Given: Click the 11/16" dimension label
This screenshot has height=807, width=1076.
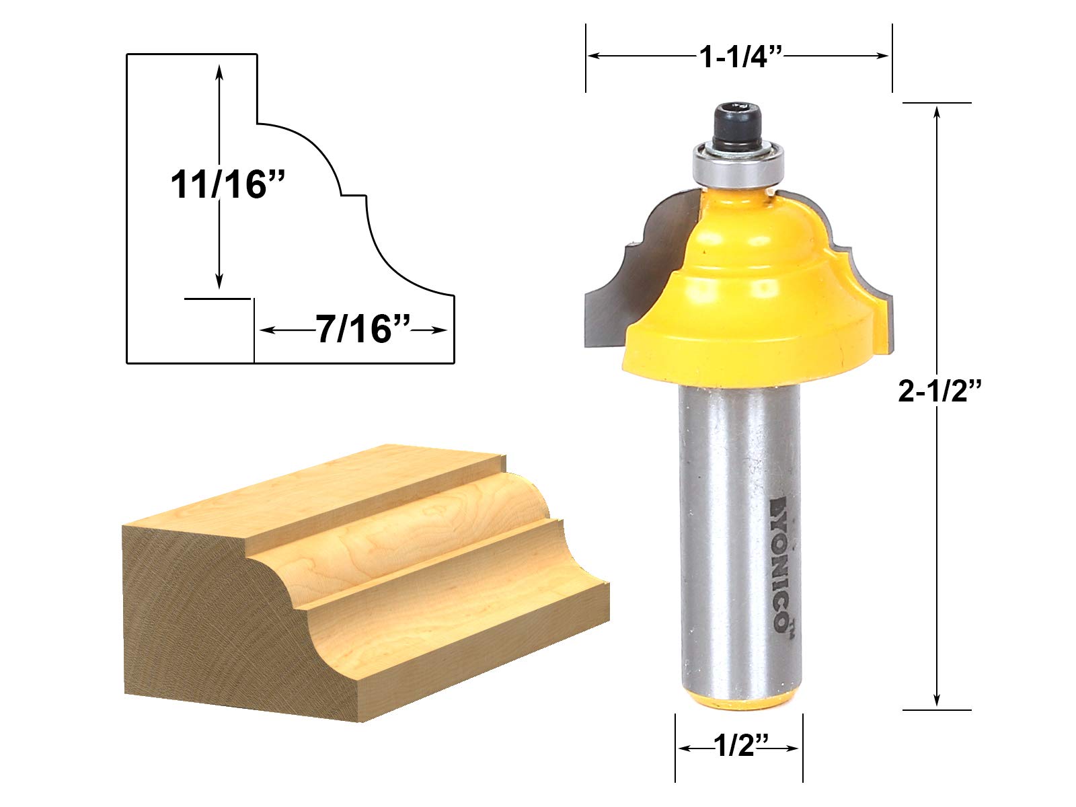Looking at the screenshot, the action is pyautogui.click(x=227, y=185).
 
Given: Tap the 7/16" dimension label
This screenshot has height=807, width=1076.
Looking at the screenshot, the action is pyautogui.click(x=362, y=330).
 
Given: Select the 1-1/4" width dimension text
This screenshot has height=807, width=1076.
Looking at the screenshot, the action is pyautogui.click(x=739, y=57).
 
